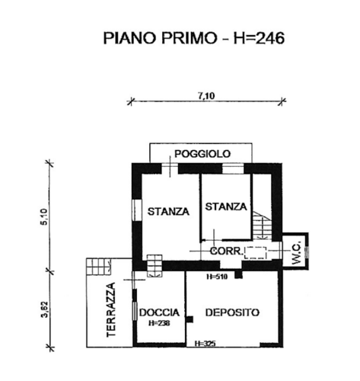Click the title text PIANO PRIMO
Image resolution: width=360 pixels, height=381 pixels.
161,39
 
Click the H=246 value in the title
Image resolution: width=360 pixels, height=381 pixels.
259,39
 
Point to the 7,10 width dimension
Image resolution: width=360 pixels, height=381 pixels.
206,96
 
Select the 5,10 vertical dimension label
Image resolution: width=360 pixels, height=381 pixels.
43,216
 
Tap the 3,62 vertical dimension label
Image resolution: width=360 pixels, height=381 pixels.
45,309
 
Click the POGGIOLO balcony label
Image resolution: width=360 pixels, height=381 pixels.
202,154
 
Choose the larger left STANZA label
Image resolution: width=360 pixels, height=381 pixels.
168,211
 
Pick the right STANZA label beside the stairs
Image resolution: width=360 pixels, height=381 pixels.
226,207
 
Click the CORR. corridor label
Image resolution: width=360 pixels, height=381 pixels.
227,251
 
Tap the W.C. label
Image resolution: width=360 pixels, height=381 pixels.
296,253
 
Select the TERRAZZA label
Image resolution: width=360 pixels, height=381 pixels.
111,310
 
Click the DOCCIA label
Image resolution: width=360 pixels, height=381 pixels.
159,312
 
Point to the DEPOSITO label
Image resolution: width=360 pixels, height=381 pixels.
232,312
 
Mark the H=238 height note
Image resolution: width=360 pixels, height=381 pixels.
159,323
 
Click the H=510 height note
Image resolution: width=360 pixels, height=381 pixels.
217,277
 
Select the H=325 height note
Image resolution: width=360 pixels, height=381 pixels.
205,344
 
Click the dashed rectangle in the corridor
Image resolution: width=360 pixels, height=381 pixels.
255,253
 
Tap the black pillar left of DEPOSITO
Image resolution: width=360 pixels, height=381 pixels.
190,319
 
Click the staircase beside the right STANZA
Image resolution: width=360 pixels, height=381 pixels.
262,225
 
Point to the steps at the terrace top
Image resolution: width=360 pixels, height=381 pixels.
98,266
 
